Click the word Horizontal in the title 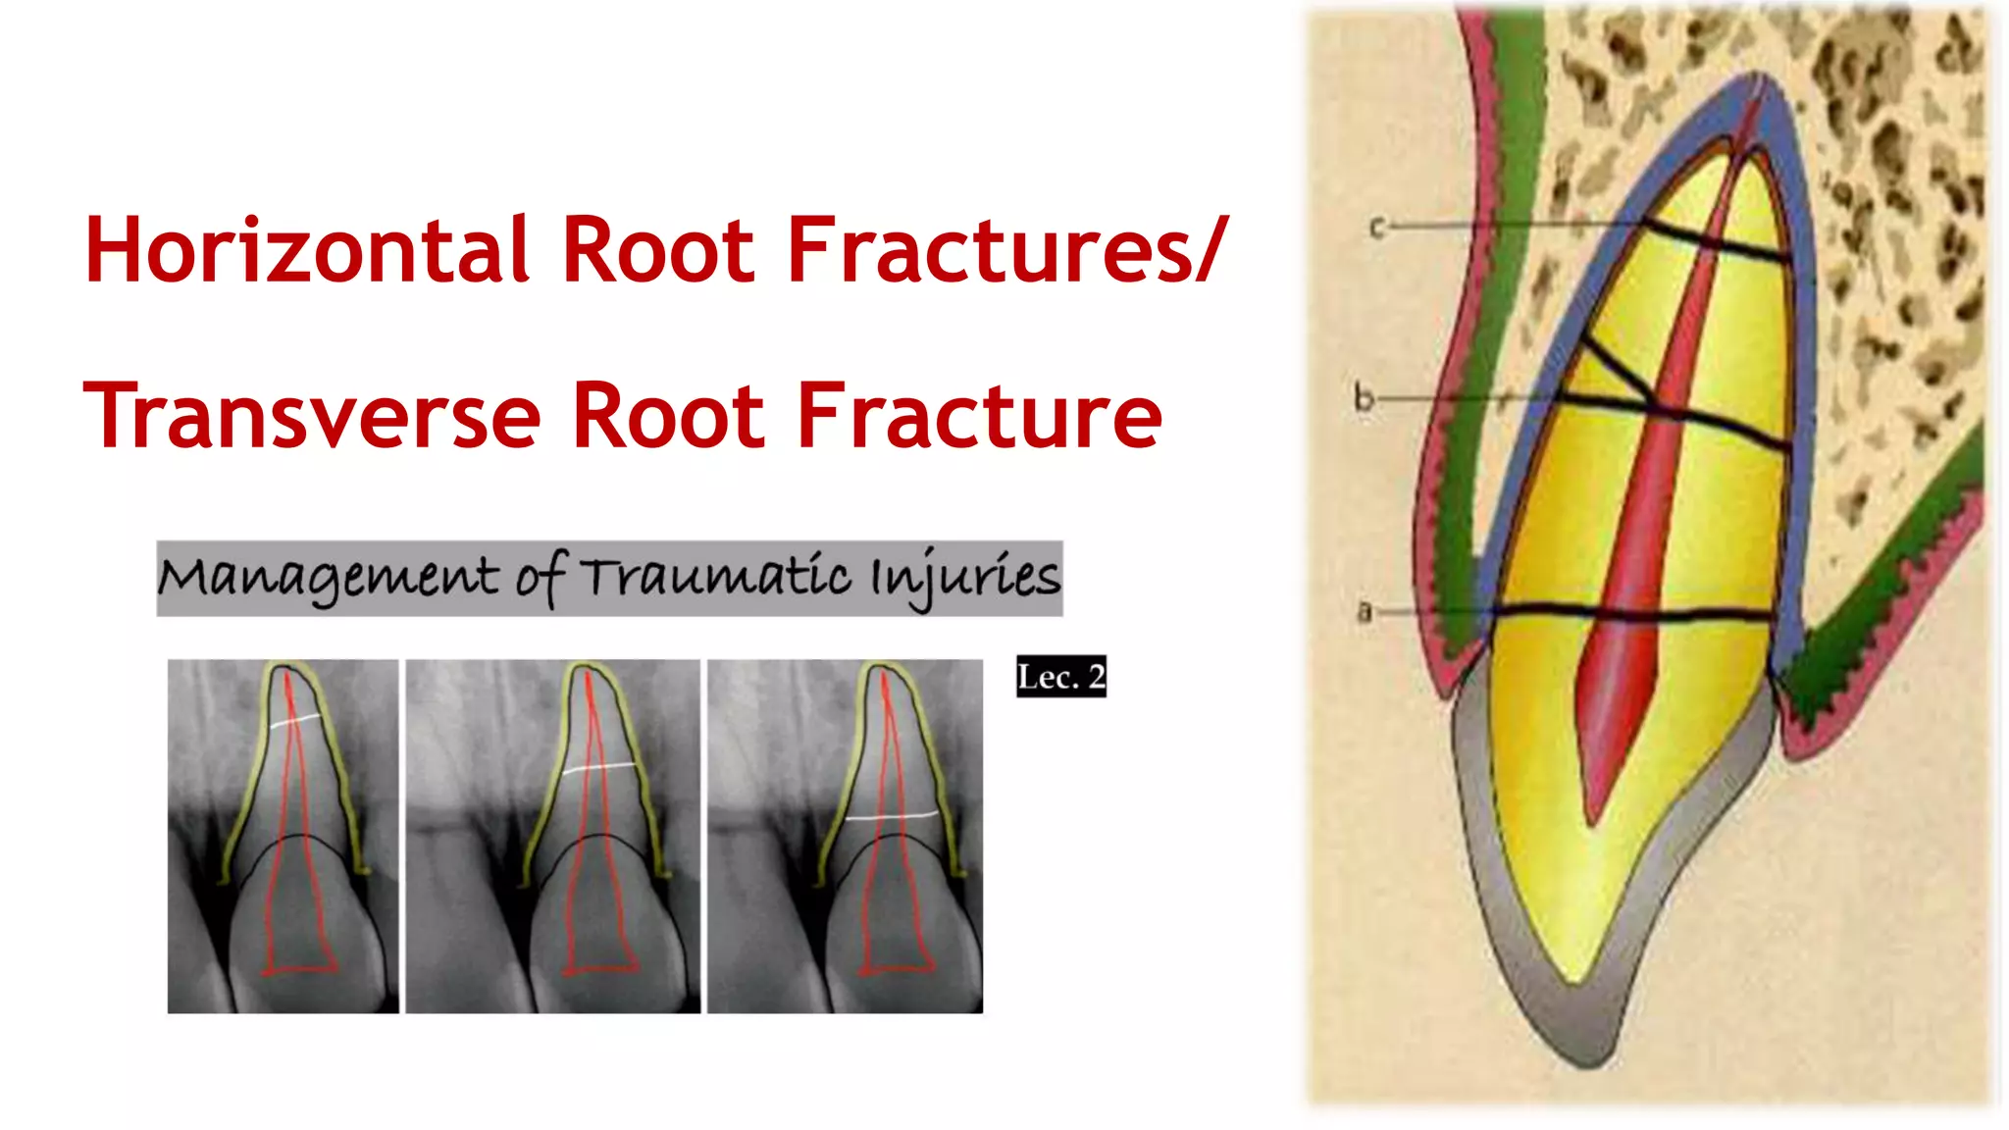coord(307,251)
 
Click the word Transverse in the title coord(312,418)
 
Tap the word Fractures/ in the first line coord(1006,251)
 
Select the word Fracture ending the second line coord(978,418)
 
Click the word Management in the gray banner coord(330,579)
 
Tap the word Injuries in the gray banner coord(965,579)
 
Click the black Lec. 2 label coord(1060,677)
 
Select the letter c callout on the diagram coord(1376,228)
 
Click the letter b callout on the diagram coord(1364,398)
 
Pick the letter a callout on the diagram coord(1364,612)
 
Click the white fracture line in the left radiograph coord(294,721)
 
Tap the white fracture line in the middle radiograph coord(598,767)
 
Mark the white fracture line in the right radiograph coord(891,815)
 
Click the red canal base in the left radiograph coord(299,970)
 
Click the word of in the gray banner coord(541,579)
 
